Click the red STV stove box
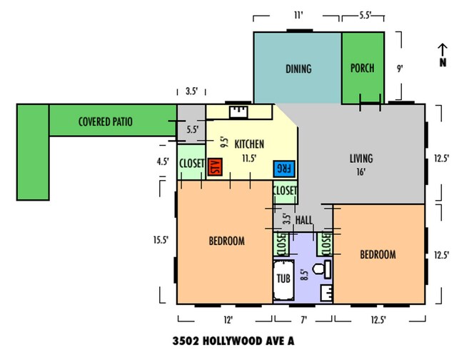click(215, 167)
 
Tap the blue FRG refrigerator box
click(284, 169)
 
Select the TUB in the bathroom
click(283, 280)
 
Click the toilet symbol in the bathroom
click(322, 269)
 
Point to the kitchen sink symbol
click(239, 112)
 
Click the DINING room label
click(298, 69)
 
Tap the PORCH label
click(362, 68)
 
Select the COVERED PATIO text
click(106, 121)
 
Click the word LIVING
click(361, 159)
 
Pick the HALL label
click(304, 220)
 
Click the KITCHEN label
click(249, 144)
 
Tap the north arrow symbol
click(443, 55)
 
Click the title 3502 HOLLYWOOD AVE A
click(233, 341)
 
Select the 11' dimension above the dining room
click(298, 15)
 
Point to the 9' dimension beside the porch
click(400, 69)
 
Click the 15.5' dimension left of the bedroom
click(161, 240)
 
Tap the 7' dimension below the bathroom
click(304, 320)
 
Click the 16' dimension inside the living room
click(361, 172)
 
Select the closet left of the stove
click(191, 162)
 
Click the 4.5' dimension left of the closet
click(163, 161)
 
